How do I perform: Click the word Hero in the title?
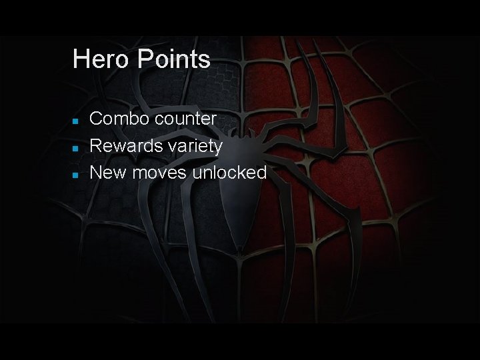coord(95,59)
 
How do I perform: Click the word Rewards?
coord(121,146)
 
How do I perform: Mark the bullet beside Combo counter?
coord(77,121)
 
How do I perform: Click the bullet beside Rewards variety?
coord(77,147)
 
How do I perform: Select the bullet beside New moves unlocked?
coord(77,174)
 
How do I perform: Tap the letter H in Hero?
coord(80,59)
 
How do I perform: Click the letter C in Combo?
coord(95,119)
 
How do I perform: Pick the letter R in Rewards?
coord(95,146)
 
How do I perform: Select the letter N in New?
coord(95,173)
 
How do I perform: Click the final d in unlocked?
coord(261,173)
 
